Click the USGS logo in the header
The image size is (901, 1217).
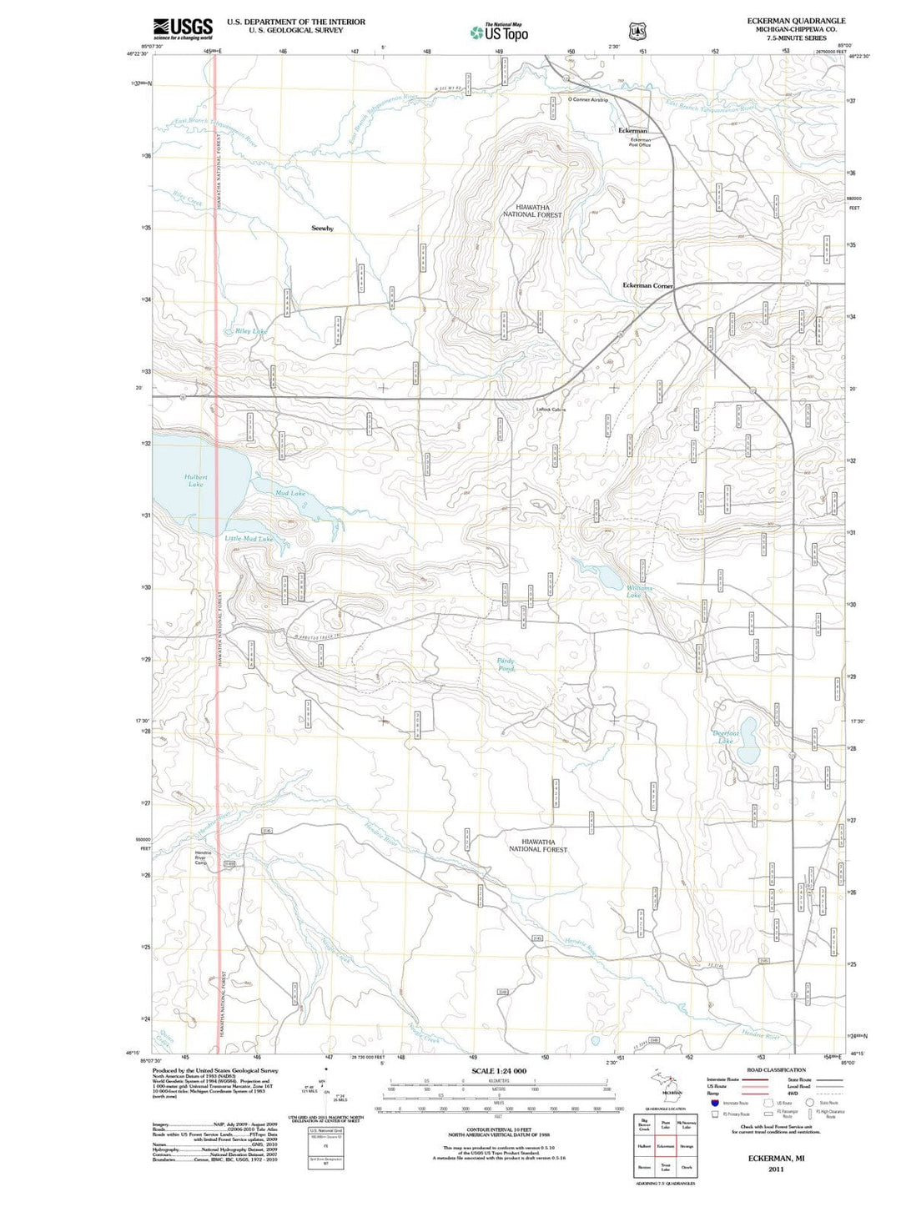(x=183, y=28)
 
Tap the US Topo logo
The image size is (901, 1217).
(x=499, y=33)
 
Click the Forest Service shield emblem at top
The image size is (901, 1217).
(x=638, y=32)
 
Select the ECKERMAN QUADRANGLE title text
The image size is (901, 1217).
(x=796, y=21)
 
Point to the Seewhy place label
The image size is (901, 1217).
(x=322, y=228)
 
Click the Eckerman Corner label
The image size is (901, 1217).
(x=647, y=285)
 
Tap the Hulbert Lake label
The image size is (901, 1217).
(x=195, y=480)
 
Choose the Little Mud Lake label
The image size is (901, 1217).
(x=249, y=539)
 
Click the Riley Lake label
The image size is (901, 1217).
(x=251, y=331)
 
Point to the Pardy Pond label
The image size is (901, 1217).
(x=506, y=665)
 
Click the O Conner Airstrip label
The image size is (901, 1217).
(x=588, y=100)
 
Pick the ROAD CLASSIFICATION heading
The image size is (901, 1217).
(x=776, y=1069)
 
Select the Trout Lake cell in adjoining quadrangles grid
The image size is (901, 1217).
(x=665, y=1166)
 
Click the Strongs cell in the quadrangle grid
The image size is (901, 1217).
(x=687, y=1146)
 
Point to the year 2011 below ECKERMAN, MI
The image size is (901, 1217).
(x=777, y=1169)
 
